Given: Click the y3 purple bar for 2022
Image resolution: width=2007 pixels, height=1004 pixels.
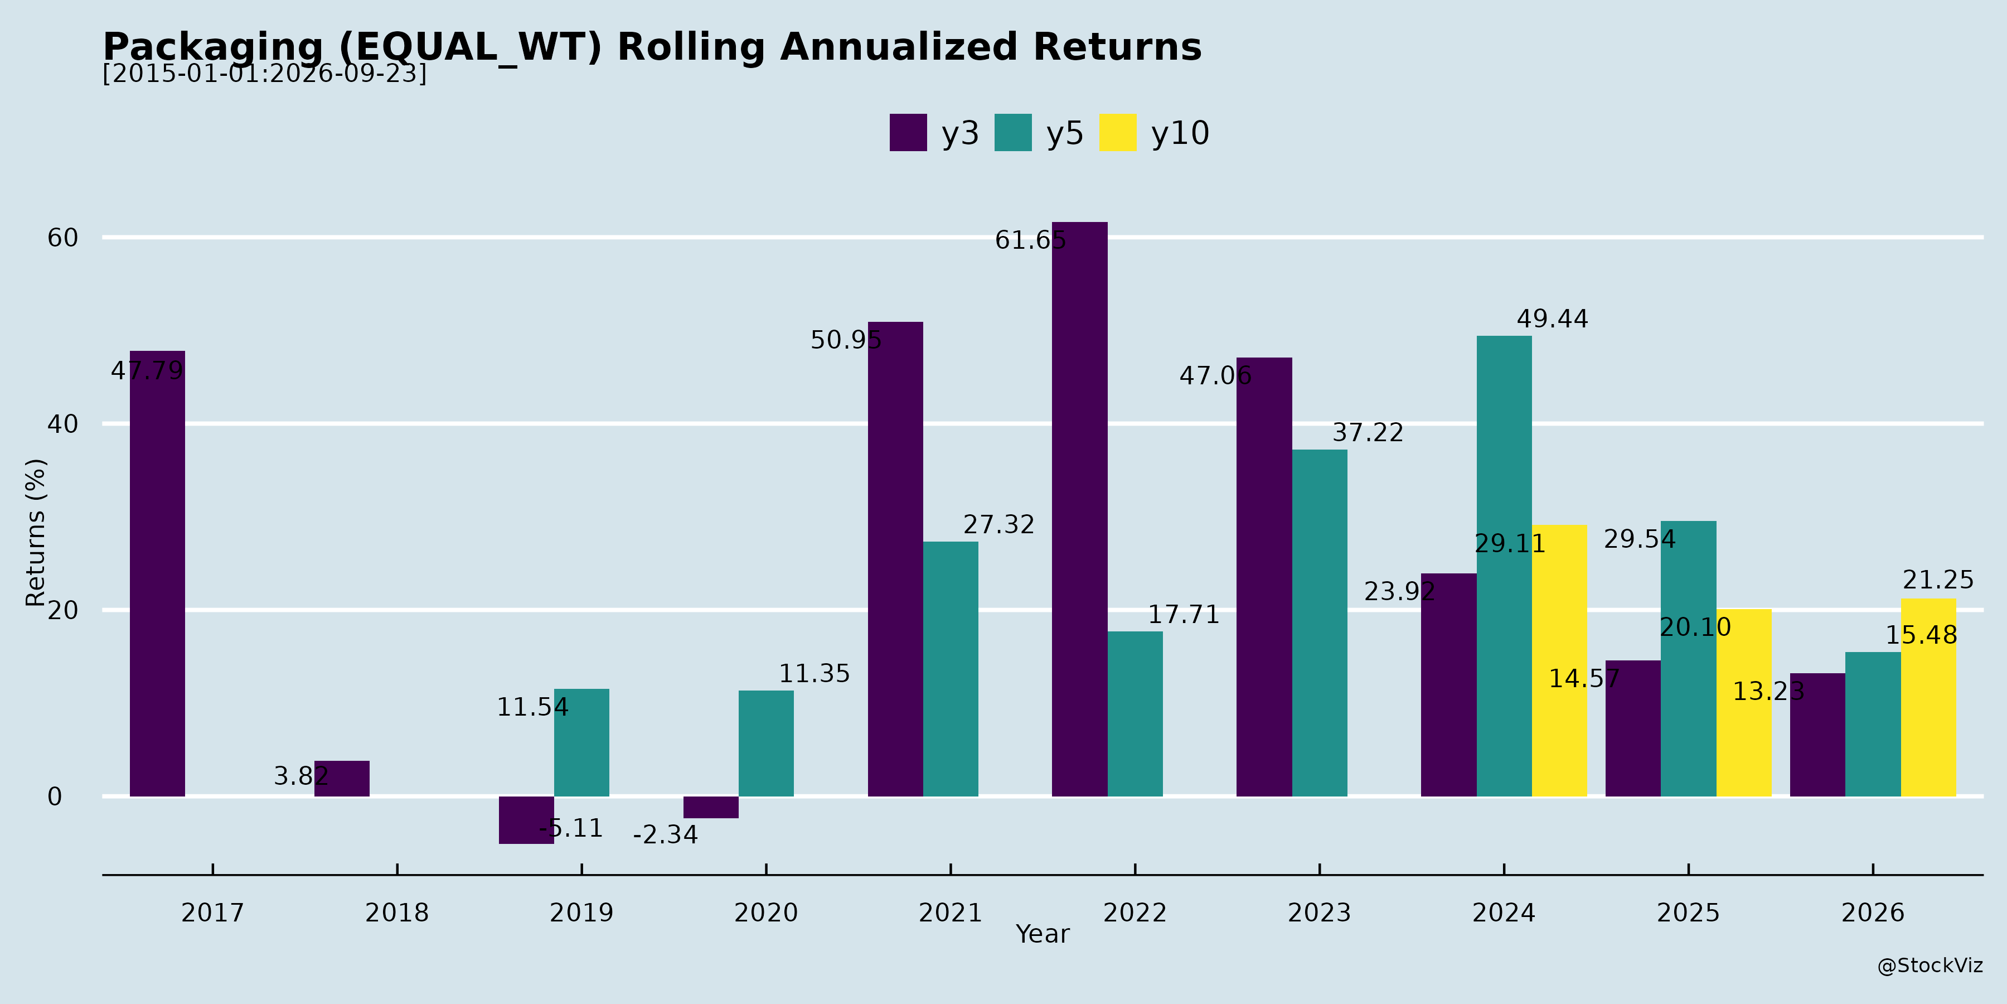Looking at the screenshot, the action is coord(1079,509).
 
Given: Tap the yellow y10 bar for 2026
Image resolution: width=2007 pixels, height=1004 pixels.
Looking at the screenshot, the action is coord(1928,698).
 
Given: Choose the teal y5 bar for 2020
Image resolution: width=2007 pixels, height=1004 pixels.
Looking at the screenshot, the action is coord(766,744).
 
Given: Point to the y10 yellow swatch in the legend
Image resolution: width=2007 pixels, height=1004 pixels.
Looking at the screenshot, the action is coord(1118,133).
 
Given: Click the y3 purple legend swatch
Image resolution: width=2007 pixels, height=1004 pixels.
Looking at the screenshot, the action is coord(909,133).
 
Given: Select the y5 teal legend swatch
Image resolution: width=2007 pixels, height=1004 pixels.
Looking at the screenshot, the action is coord(1013,133).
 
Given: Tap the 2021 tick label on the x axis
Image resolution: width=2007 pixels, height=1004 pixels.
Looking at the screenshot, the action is coord(951,913).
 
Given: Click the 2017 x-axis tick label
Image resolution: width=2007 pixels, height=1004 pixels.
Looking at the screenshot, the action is coord(213,913).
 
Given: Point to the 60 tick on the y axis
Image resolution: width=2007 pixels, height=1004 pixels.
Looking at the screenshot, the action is coord(63,238).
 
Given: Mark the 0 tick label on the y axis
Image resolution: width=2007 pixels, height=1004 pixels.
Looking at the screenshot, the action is coord(55,797).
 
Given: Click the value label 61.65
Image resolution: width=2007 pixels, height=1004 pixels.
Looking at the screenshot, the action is coord(1031,240).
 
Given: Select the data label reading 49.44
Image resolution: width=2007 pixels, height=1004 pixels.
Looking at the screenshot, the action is coord(1552,319).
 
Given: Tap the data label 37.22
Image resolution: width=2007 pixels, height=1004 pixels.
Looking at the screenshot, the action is coord(1368,433).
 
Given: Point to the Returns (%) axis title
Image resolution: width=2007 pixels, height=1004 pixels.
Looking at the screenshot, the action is coord(36,533).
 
